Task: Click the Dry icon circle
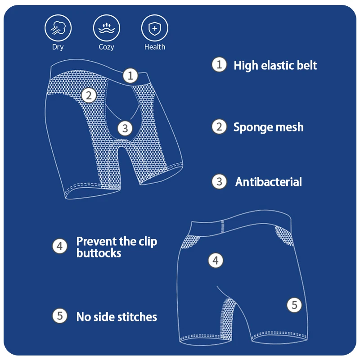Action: click(x=58, y=28)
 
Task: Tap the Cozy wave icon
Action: click(x=107, y=28)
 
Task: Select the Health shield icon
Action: click(x=155, y=28)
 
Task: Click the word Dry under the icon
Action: click(x=58, y=47)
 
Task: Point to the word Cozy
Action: click(x=107, y=47)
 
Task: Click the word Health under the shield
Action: click(x=155, y=47)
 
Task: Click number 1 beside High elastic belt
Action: click(x=219, y=65)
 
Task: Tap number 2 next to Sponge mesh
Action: click(x=219, y=127)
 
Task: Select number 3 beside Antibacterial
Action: click(x=219, y=181)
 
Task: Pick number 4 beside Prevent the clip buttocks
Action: click(x=60, y=246)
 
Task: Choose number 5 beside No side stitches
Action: click(x=60, y=316)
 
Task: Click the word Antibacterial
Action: click(x=269, y=182)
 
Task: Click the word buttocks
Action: click(x=99, y=253)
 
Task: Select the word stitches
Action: click(x=137, y=317)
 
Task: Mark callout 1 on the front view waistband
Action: click(x=130, y=76)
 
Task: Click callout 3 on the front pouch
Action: click(x=126, y=128)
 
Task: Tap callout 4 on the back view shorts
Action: click(x=216, y=260)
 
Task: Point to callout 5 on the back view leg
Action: click(x=294, y=305)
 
